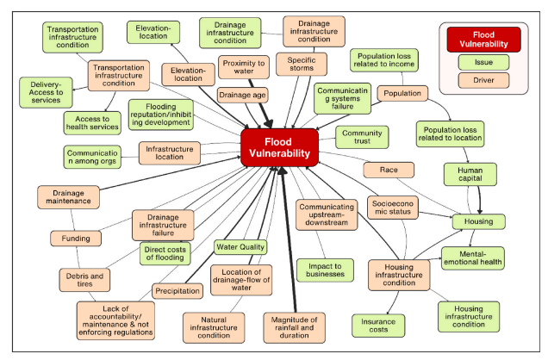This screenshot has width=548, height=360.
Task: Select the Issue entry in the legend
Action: click(483, 62)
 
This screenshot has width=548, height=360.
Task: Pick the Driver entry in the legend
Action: click(483, 80)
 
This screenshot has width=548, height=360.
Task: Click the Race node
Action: click(388, 170)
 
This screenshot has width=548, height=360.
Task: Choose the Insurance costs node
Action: click(377, 325)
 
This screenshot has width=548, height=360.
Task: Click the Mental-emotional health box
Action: click(473, 258)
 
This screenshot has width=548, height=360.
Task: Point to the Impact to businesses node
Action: click(327, 270)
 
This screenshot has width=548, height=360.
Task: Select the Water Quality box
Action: click(240, 247)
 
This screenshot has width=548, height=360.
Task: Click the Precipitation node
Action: click(177, 290)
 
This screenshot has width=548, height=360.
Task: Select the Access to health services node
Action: click(97, 124)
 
